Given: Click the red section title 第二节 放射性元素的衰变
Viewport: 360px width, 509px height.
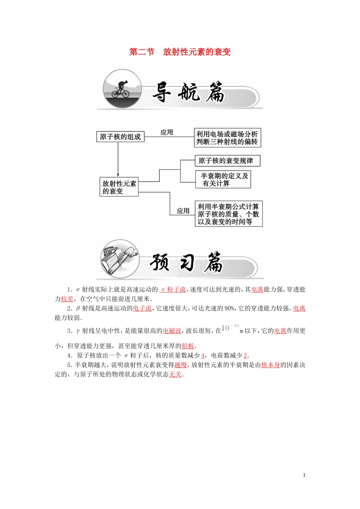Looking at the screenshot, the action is point(180,52).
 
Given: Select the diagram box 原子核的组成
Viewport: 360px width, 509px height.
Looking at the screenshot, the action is point(120,137).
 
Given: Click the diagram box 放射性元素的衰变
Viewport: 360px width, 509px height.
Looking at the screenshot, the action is point(119,187).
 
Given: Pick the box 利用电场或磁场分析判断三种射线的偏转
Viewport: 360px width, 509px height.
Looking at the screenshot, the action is point(227,138).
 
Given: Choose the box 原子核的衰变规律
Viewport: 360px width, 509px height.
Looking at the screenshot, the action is point(227,161).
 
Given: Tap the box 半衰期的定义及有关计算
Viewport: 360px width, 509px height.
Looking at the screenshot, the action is point(224,180).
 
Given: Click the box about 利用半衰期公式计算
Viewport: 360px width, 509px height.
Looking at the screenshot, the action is point(228,214).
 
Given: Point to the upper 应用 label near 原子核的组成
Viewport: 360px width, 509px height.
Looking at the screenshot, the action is point(167,132).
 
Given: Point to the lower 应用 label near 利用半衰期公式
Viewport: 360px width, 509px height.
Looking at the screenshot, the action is point(183,211).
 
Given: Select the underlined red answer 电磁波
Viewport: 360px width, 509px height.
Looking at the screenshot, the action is point(172,331).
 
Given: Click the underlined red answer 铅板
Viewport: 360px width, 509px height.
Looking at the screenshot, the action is point(188,346).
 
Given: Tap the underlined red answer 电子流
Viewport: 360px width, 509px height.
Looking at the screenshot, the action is point(142,309).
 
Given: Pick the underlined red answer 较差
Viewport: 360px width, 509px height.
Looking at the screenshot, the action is point(67,299).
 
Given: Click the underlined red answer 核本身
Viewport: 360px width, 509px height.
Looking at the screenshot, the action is point(271,365).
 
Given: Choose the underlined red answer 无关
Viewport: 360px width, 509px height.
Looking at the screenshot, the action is point(175,375).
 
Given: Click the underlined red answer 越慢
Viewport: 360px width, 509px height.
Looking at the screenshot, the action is point(181,365).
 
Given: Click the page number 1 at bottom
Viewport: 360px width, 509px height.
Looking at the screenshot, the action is point(304,475).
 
